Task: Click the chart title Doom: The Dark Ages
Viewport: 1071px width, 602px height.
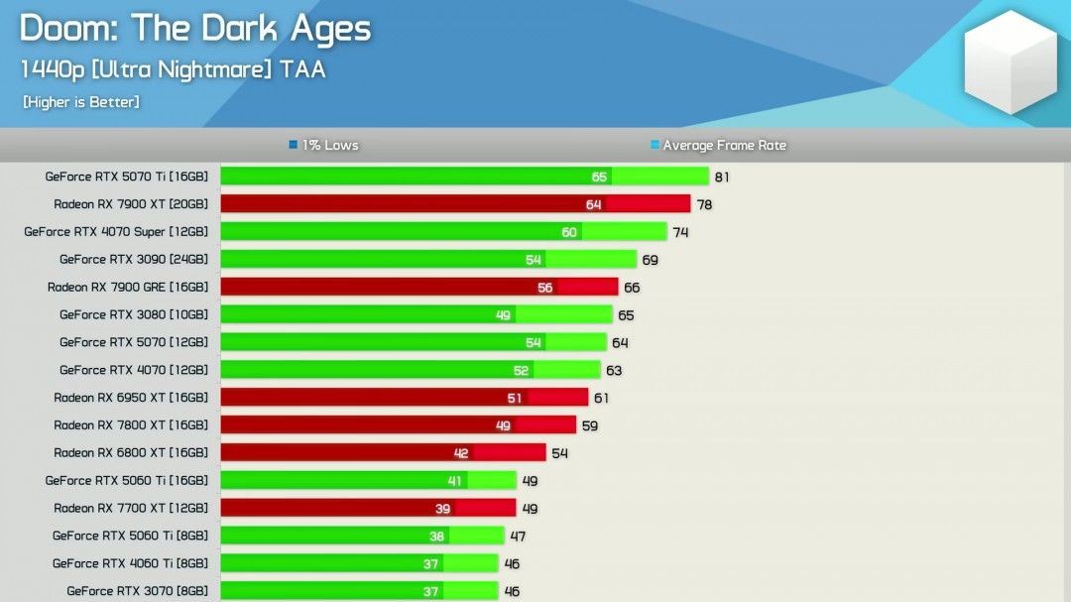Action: [x=194, y=30]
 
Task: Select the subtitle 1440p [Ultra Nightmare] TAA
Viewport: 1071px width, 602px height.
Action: [x=173, y=70]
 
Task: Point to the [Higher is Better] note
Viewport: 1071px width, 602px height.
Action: [x=80, y=102]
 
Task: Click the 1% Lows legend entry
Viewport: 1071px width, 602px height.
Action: [x=323, y=146]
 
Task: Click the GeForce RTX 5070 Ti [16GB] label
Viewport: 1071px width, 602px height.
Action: [x=127, y=177]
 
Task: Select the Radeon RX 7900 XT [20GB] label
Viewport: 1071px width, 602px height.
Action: [x=131, y=204]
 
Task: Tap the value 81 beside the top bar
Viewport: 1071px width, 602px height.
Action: [x=722, y=178]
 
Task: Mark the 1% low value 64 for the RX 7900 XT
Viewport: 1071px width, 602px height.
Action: [x=594, y=205]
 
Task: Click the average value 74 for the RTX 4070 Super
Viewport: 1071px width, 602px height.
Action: [x=680, y=233]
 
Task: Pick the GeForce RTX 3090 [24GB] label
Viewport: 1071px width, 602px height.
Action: [x=134, y=260]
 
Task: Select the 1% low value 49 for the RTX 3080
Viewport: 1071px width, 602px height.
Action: [x=503, y=315]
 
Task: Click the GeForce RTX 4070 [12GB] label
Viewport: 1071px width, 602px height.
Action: [x=134, y=370]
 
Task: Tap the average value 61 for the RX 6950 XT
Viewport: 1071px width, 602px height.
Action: [x=601, y=399]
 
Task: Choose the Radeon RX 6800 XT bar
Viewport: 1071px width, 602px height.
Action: [x=383, y=453]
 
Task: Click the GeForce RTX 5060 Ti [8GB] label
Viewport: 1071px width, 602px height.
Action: [x=131, y=536]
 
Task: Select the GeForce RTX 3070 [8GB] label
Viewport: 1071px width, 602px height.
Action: [x=138, y=591]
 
